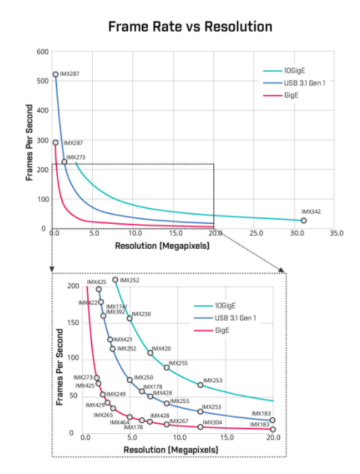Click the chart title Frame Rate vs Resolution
[189, 26]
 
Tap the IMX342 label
[312, 212]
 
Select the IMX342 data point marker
[304, 220]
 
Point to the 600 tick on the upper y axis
[43, 52]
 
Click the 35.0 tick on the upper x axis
[336, 234]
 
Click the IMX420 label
[161, 349]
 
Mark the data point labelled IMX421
[110, 340]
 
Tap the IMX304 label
[212, 422]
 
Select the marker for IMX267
[167, 424]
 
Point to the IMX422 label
[87, 302]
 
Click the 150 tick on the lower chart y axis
[74, 322]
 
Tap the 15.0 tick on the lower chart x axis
[227, 437]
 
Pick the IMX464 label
[120, 422]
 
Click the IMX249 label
[116, 394]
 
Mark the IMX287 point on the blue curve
[56, 74]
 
